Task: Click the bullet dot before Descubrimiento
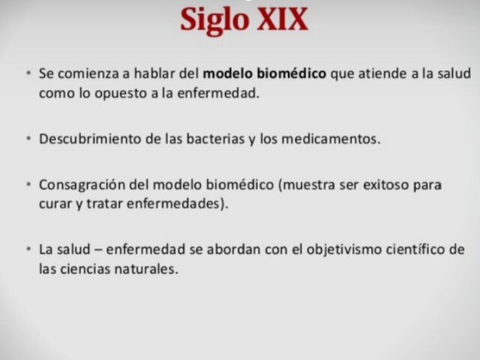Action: click(x=28, y=139)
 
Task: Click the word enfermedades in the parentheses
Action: click(x=178, y=204)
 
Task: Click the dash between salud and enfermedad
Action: click(x=97, y=249)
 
